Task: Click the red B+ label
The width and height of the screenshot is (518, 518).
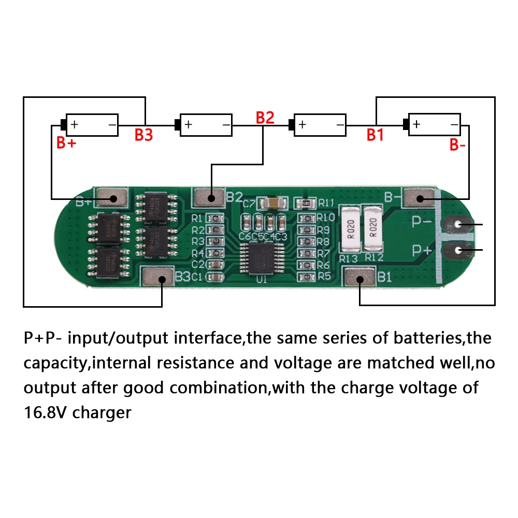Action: point(66,143)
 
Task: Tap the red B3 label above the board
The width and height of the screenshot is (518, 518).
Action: point(143,135)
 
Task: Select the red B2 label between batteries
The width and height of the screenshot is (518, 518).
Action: point(265,118)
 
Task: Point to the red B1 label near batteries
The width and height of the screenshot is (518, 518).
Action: point(375,135)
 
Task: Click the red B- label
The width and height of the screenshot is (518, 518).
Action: point(457,145)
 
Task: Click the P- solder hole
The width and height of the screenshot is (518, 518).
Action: point(458,224)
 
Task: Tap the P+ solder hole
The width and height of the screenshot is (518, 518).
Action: point(458,251)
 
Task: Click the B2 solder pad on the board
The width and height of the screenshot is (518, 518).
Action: point(210,197)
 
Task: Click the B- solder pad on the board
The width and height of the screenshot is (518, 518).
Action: point(420,198)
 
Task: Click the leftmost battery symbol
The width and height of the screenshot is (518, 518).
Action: point(92,125)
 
